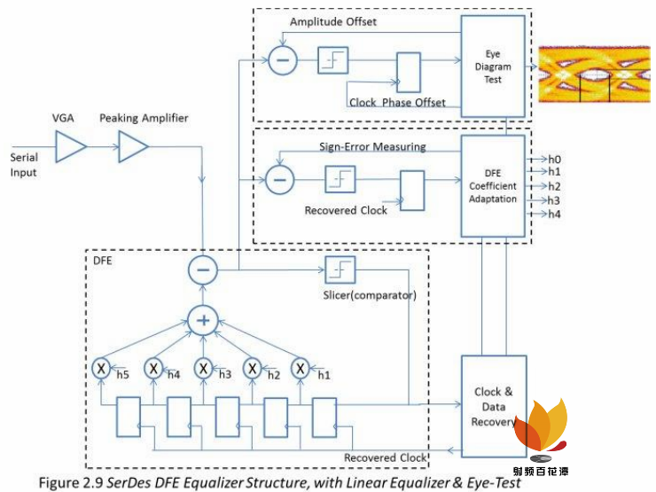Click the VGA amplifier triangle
coord(69,147)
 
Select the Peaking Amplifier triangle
coord(133,147)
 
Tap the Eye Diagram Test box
coord(493,66)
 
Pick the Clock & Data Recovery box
coord(494,406)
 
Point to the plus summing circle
coord(203,320)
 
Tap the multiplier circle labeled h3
coord(203,366)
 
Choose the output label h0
coord(555,158)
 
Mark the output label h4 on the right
coord(555,215)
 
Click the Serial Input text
coord(24,164)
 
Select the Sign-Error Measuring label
coord(372,146)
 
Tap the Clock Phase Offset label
coord(397,103)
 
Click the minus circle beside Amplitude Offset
coord(283,60)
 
